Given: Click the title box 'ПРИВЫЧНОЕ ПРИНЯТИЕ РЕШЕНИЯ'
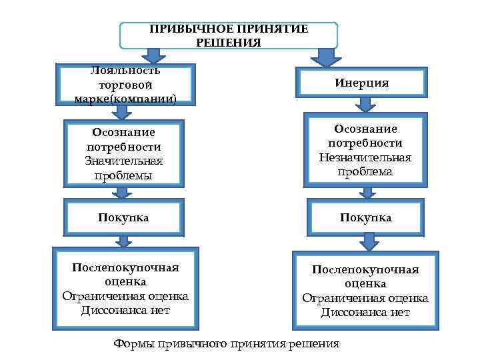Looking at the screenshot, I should pos(228,35).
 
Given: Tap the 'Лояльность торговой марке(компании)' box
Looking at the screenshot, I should pos(126,85).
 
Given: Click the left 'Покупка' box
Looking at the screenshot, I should pos(123,217).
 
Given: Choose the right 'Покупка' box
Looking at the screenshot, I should pos(365,217).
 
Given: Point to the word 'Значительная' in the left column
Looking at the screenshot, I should pos(124,161).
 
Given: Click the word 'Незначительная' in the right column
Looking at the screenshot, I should pos(365,157).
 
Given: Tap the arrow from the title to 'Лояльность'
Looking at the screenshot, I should pos(153,55).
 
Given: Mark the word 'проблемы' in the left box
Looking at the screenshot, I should pos(124,175).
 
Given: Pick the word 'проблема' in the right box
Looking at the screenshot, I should pos(365,172).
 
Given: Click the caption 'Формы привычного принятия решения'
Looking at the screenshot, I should pos(227,344).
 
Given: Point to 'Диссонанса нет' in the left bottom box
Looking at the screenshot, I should pos(125,310).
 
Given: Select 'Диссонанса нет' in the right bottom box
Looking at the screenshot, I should pos(365,312).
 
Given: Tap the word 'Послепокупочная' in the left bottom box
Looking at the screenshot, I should pos(125,267).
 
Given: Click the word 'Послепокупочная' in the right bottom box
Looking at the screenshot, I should pos(365,269).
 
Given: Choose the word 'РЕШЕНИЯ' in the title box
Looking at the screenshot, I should pos(229,42).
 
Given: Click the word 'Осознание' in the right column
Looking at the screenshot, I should pos(365,128).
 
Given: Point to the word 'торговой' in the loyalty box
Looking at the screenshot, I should pos(125,85).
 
